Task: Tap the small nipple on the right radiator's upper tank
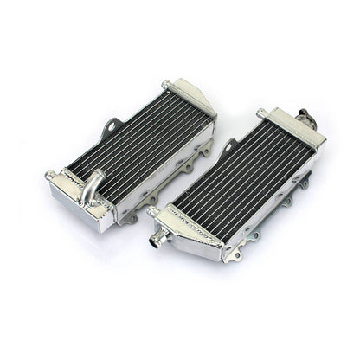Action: coord(260,112)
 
